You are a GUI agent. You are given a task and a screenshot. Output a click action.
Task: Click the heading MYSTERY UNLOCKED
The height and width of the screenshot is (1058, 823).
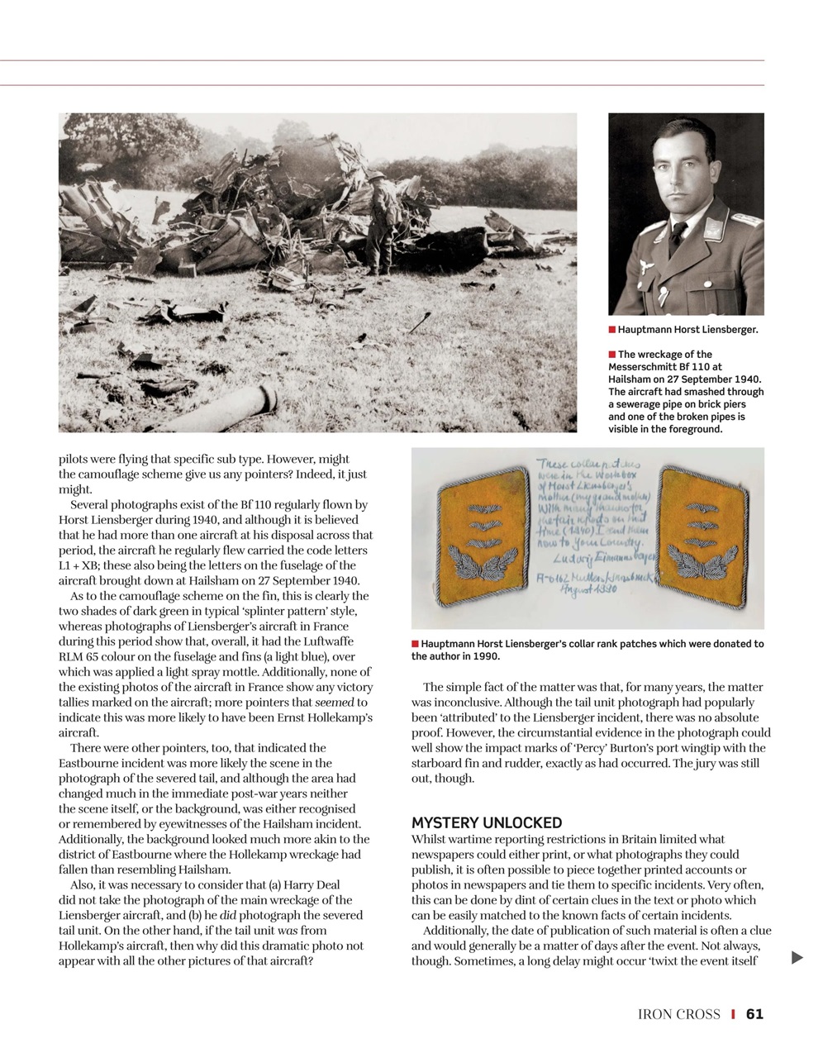tap(486, 823)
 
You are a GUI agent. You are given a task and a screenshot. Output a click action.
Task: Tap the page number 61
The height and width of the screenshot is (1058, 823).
tap(754, 1014)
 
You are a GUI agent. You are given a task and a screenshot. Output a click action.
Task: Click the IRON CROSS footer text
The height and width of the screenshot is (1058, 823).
tap(678, 1014)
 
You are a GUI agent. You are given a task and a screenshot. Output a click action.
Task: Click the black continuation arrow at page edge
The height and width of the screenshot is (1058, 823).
tap(797, 958)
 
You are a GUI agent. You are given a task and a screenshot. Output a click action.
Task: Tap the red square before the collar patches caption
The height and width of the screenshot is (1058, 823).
tap(416, 643)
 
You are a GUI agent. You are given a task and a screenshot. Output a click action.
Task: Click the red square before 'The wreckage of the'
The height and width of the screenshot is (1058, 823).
tap(612, 355)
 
